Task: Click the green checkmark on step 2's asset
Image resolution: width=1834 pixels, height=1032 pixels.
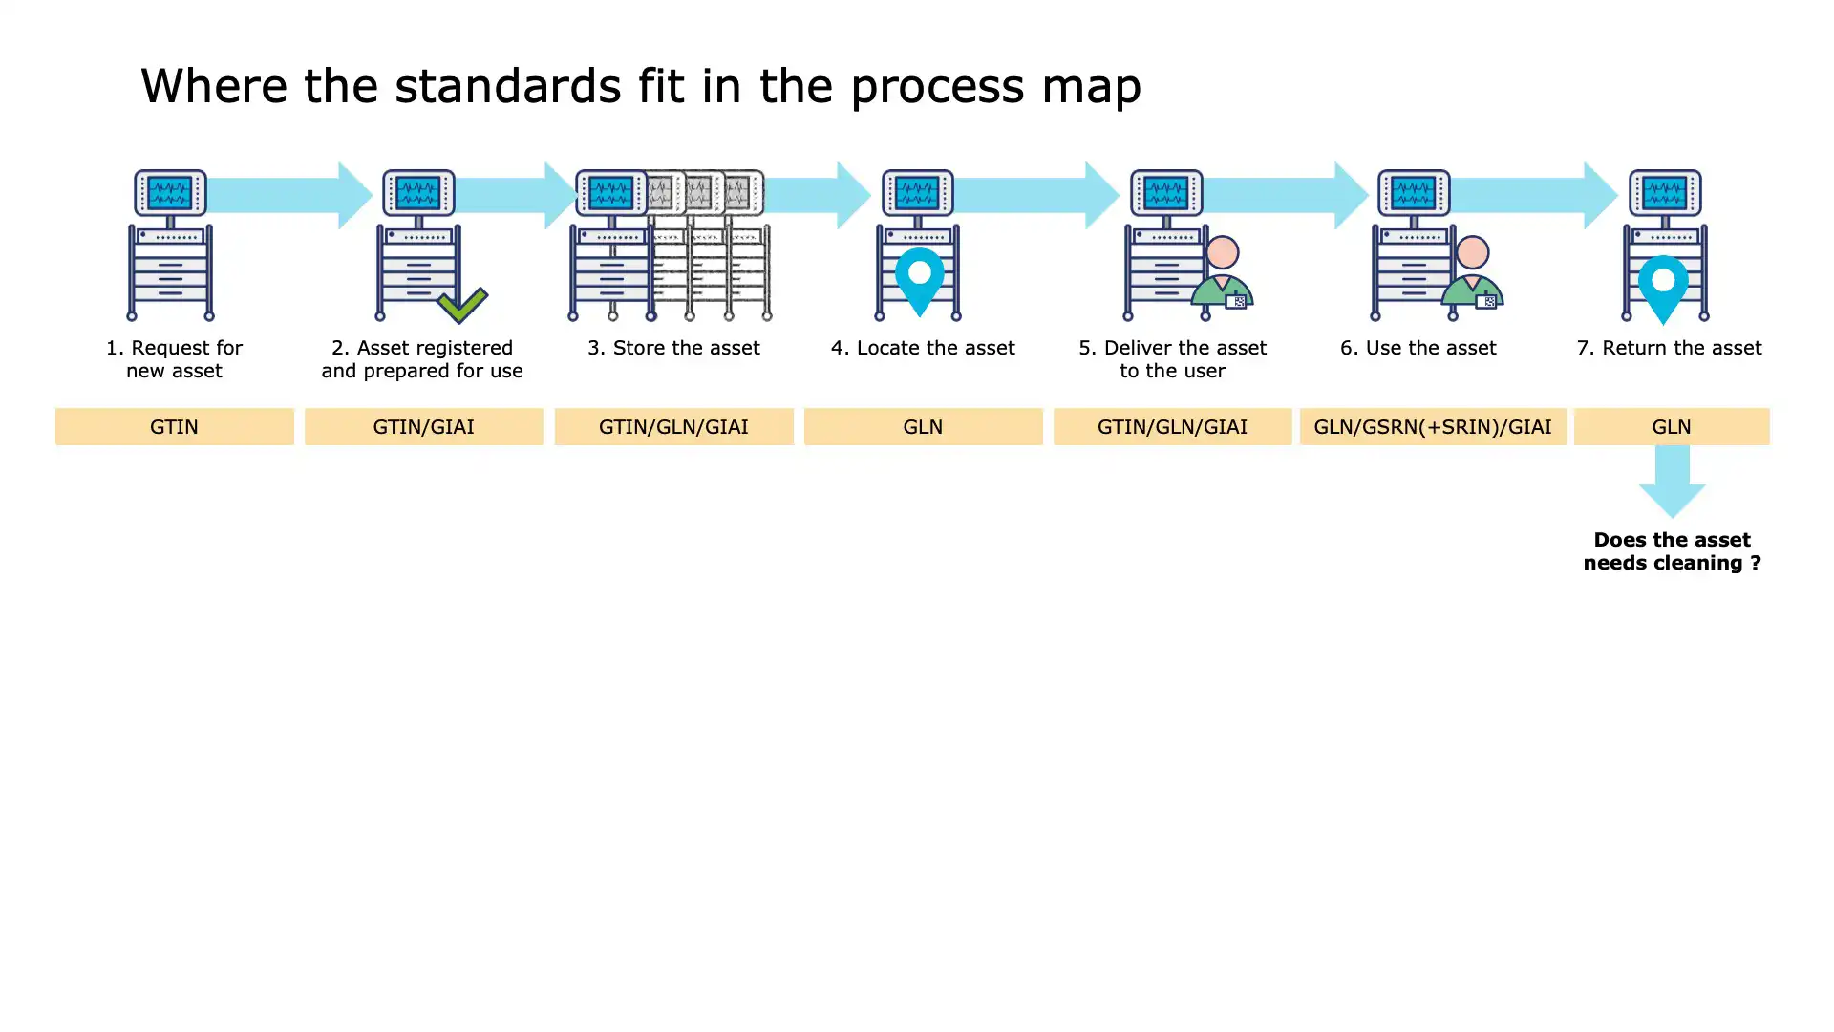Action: [x=462, y=305]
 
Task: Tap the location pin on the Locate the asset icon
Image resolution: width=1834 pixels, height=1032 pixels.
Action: [x=920, y=278]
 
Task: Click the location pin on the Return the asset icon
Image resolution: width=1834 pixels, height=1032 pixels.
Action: [x=1663, y=287]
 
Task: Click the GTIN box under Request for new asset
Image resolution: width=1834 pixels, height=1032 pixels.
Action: [x=174, y=427]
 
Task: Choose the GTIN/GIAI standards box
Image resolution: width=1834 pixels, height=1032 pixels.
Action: [x=423, y=427]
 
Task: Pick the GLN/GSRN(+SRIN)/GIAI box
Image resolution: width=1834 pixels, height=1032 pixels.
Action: [x=1432, y=427]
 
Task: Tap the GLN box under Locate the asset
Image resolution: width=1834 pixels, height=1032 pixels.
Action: [x=923, y=427]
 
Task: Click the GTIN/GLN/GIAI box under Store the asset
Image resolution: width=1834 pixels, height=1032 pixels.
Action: [x=673, y=427]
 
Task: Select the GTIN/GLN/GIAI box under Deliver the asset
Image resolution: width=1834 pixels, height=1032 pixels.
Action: [x=1172, y=427]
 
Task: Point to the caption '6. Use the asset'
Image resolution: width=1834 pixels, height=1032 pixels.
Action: [x=1418, y=348]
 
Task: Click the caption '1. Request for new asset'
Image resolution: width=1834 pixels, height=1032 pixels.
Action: [x=174, y=359]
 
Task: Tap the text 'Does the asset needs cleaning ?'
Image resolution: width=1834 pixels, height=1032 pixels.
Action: [x=1672, y=551]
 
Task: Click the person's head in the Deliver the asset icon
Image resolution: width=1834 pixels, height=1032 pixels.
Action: [x=1223, y=253]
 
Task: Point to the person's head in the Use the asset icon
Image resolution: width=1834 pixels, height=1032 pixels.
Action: [x=1472, y=253]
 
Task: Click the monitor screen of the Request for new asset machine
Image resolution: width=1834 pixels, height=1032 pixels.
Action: [x=170, y=193]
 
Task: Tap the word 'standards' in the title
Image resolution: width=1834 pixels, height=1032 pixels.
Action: [x=508, y=86]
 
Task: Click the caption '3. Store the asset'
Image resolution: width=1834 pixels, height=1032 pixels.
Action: [x=673, y=348]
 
